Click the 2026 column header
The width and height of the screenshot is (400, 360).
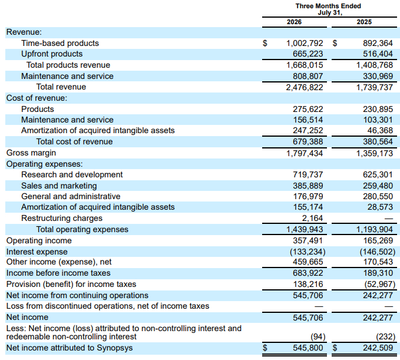tap(294, 22)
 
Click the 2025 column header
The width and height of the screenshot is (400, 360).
tap(364, 22)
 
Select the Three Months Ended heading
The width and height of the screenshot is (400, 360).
tap(328, 6)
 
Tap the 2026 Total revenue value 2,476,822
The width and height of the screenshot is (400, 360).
tap(305, 87)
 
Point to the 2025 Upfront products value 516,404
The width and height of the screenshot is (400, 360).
tap(378, 54)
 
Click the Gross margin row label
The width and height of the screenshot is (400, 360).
tap(31, 153)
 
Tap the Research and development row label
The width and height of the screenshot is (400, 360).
tap(72, 174)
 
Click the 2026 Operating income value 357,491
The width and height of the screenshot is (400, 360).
tap(308, 240)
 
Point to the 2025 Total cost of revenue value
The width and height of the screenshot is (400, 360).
tap(378, 141)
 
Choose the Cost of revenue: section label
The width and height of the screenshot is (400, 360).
tap(37, 98)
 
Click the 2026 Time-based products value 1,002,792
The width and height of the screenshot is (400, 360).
tap(305, 43)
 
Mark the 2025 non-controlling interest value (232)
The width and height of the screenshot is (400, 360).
tap(385, 337)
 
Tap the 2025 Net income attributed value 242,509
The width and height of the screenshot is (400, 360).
tap(378, 348)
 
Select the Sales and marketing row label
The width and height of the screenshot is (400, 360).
tap(59, 186)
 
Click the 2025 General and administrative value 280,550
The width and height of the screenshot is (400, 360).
tap(378, 196)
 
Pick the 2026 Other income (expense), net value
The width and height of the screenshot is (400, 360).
tap(308, 262)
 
